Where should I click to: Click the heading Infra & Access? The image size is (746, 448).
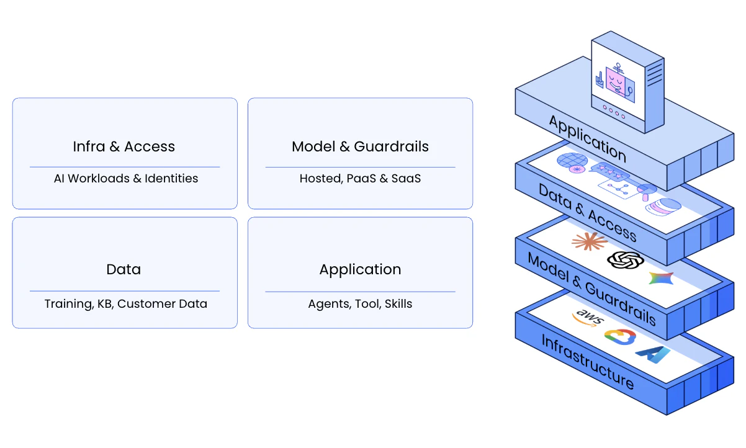[124, 147]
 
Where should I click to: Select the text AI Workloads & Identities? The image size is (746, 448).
[126, 179]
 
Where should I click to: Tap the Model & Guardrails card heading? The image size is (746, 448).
[360, 147]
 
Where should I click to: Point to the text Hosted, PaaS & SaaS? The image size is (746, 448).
[360, 179]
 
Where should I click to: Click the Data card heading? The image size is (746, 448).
[124, 269]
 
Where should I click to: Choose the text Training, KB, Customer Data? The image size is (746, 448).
[126, 304]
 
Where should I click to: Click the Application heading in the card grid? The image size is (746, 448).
[360, 269]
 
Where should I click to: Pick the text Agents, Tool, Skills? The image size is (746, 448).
[360, 304]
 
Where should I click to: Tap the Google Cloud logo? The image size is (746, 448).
[620, 337]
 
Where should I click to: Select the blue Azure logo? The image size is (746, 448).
[653, 354]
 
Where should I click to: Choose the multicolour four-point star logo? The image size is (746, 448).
[660, 278]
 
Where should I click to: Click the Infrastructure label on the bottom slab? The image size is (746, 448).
[586, 362]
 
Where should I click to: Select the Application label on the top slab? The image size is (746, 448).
[586, 138]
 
